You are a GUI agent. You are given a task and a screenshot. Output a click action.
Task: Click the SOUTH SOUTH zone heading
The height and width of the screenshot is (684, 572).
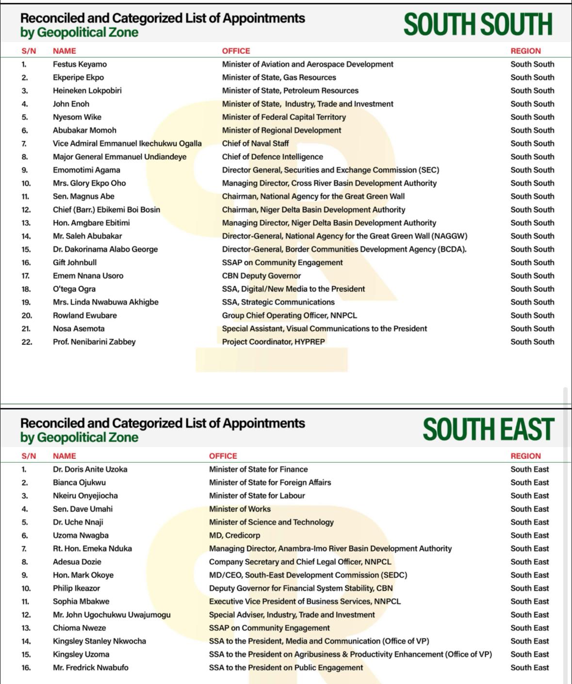pos(478,24)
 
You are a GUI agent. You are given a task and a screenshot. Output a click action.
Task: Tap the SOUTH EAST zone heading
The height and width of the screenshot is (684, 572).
pos(488,429)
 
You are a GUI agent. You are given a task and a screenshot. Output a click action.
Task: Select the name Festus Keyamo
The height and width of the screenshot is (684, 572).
pos(80,64)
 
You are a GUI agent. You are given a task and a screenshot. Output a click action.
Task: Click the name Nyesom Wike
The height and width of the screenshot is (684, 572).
pos(77,117)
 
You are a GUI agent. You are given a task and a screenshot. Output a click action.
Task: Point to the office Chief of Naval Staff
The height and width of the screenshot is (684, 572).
pos(255,144)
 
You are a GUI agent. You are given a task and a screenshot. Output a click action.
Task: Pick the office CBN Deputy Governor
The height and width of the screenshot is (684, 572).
pos(261,276)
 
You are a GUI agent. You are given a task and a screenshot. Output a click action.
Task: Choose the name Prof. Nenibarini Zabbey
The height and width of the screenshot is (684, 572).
pos(94,342)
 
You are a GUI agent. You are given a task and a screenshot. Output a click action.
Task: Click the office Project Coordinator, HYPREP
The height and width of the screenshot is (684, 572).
pos(273,342)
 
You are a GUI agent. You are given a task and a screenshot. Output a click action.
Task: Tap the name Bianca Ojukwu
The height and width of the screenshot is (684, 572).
pos(79,482)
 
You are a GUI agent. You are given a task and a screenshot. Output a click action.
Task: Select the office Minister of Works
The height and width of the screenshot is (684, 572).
pos(240,509)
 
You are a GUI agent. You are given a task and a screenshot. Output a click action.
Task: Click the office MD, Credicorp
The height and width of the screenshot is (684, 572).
pos(234,535)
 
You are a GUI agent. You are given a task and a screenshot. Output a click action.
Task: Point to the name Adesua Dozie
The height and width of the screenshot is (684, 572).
pos(77,562)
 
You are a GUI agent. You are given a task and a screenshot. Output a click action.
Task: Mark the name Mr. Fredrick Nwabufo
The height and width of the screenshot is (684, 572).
pos(91,668)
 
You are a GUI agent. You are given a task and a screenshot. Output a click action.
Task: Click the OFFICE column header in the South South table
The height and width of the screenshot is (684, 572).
pos(236,51)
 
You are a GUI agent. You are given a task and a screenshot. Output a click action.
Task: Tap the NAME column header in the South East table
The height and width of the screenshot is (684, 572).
pos(65,456)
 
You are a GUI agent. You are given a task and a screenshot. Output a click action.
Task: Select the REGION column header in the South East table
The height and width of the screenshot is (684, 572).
pos(525,456)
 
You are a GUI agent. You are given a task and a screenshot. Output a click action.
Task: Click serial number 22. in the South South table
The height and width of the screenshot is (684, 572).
pos(27,342)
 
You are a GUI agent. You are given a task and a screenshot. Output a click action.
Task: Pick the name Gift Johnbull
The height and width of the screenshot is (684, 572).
pos(75,262)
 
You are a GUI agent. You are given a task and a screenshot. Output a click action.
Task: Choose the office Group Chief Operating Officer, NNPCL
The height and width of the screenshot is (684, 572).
pos(289,315)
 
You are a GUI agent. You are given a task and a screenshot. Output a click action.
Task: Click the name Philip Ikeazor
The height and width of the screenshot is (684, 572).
pos(76,588)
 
